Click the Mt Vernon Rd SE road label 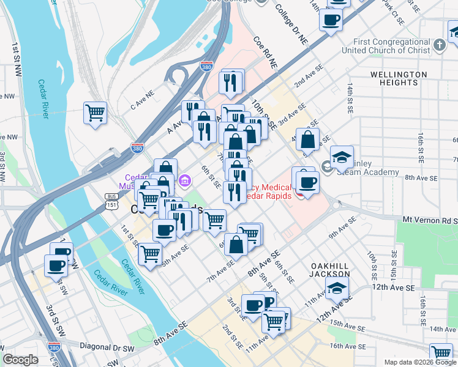coord(429,219)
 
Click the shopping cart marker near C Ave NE coord(95,113)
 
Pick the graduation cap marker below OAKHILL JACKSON coord(337,288)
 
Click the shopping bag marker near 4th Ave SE coord(308,139)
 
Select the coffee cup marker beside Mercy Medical coord(307,182)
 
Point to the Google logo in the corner coord(21,360)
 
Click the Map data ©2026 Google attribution coord(419,362)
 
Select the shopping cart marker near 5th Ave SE coord(150,253)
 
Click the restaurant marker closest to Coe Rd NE coord(230,81)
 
